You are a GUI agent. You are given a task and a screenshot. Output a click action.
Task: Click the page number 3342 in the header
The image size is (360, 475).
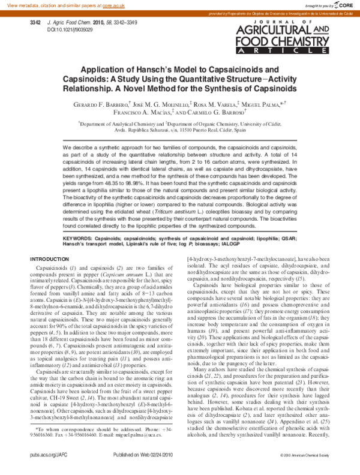point(35,22)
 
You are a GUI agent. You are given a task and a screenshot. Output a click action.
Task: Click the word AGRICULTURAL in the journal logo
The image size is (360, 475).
point(289,30)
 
